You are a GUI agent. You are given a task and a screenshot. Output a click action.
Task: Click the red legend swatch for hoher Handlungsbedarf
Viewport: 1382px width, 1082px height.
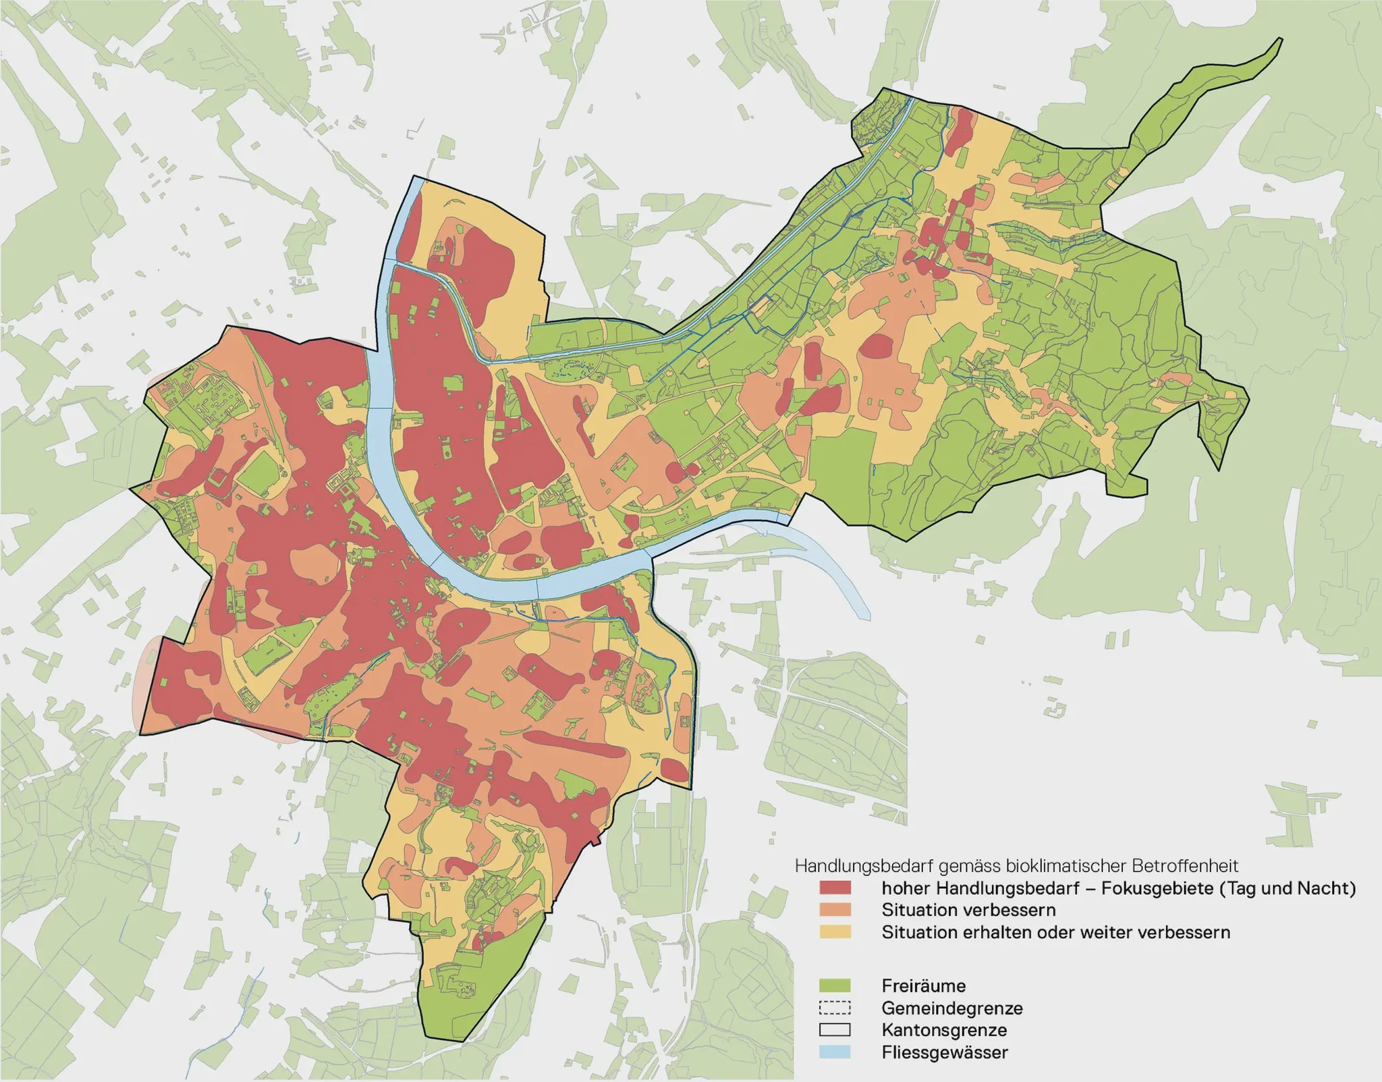(835, 888)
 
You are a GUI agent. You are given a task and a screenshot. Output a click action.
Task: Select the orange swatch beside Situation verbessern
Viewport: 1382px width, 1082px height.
(835, 910)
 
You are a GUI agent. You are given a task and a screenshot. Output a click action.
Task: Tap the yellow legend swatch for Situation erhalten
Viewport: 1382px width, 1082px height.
(835, 932)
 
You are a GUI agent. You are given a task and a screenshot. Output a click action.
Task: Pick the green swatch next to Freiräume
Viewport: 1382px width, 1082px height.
(835, 985)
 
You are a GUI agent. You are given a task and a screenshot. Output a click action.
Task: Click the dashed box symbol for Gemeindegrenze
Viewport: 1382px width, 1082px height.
(835, 1008)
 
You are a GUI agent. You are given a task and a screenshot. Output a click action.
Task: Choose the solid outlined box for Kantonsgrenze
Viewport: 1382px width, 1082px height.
(835, 1030)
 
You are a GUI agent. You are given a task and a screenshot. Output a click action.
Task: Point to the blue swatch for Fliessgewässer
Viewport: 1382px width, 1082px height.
(835, 1052)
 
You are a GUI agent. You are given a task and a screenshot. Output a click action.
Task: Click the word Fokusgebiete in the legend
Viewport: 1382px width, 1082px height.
(1157, 888)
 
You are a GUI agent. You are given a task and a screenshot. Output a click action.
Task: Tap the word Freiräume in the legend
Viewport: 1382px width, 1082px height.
(923, 985)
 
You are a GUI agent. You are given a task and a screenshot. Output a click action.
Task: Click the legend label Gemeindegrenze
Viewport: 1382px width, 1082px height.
(951, 1008)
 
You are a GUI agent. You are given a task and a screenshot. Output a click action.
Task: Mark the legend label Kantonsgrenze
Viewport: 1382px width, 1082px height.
(944, 1030)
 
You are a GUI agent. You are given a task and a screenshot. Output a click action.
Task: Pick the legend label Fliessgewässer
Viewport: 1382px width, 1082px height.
(945, 1052)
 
